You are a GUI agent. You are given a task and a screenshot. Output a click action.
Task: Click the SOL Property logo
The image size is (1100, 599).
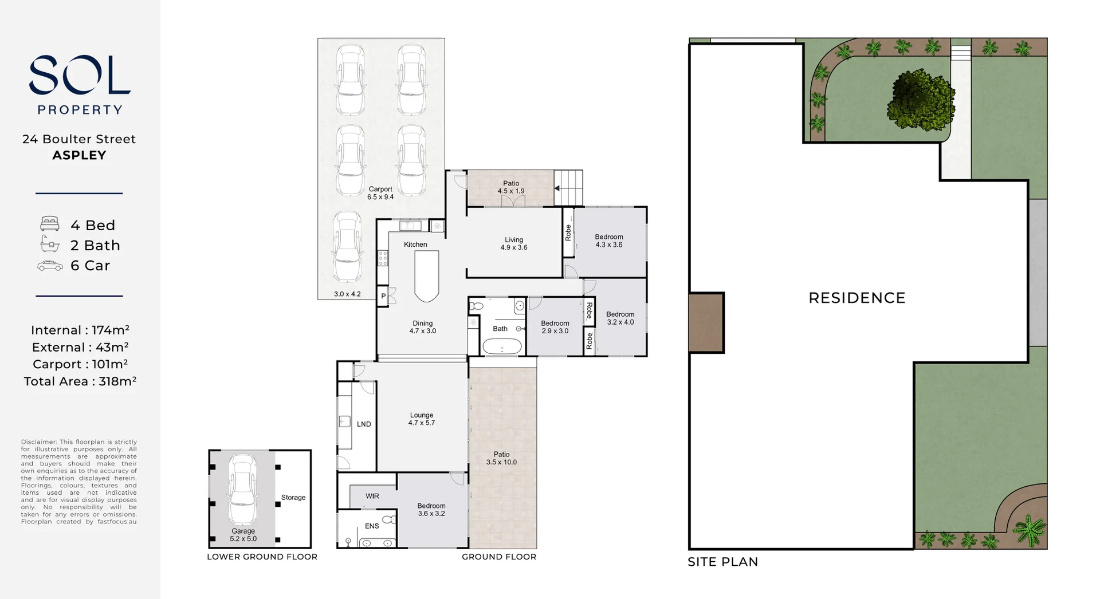80,85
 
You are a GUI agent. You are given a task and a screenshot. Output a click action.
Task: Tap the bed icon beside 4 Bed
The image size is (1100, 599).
50,224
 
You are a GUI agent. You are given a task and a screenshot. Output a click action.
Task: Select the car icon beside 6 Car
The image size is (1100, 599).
50,266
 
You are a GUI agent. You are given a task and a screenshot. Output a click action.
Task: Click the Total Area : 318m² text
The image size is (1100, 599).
80,381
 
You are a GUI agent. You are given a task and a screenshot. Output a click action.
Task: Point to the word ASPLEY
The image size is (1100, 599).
80,155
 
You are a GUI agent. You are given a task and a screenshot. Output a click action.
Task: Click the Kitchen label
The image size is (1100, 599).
415,245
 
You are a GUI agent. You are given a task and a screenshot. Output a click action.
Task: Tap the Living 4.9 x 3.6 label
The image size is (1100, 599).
514,244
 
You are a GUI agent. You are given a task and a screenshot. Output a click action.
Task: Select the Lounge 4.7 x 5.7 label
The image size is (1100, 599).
422,419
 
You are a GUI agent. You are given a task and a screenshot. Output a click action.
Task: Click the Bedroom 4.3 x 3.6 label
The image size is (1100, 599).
609,241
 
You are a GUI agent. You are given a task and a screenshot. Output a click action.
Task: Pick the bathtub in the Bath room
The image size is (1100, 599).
502,347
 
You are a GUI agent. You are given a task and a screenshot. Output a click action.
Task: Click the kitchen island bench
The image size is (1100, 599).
427,276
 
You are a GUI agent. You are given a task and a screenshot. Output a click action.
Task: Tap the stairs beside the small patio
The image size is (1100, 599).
568,188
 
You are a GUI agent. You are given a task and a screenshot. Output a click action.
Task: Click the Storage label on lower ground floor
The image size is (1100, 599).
293,498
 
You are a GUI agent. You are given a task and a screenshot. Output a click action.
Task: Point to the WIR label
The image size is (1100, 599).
372,496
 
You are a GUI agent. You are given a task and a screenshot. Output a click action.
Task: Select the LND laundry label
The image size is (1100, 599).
364,424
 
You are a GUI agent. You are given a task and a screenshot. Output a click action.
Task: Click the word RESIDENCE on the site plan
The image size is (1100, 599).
857,298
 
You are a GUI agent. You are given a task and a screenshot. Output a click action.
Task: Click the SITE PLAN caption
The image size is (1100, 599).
723,562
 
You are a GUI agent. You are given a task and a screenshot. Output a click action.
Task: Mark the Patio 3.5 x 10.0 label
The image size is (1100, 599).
502,458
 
